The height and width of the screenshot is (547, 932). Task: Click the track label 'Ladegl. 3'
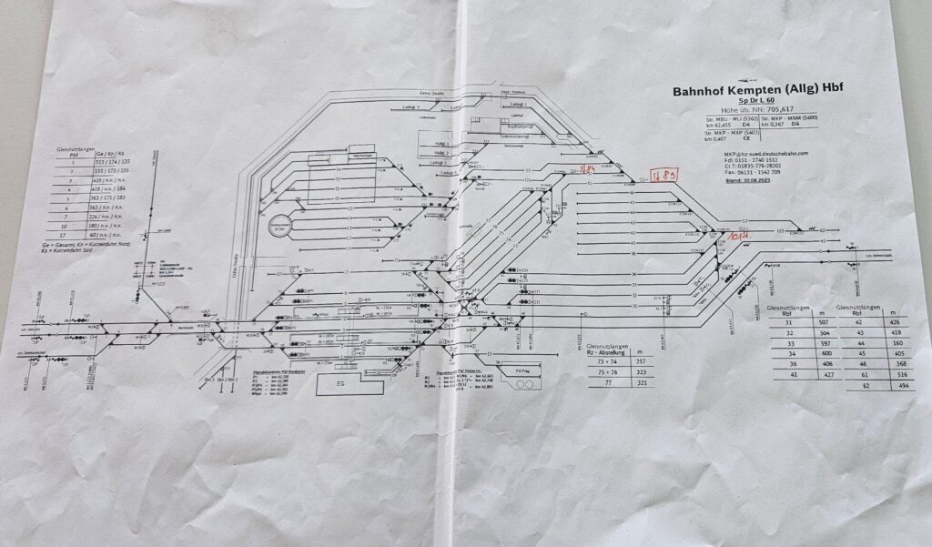click(x=447, y=171)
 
